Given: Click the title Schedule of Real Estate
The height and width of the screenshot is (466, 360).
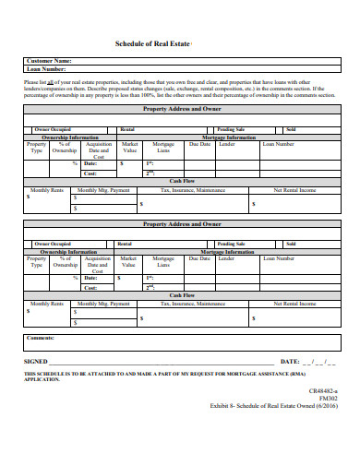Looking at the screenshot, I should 152,43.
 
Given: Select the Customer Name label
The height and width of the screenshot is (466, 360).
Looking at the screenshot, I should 50,61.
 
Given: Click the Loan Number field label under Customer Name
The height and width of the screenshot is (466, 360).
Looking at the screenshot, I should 46,69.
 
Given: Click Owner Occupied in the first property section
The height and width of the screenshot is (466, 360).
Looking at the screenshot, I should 54,130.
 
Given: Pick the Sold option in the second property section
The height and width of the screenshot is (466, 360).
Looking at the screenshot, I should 291,244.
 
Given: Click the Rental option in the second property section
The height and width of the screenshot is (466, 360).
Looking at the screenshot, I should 125,244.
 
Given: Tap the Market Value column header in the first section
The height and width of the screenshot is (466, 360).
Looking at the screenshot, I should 130,148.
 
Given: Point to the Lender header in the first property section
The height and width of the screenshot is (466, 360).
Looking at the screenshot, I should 226,144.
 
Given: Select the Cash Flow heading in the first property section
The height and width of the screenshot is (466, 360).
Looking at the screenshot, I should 179,181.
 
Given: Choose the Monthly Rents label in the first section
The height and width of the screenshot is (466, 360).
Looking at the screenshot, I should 46,188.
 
